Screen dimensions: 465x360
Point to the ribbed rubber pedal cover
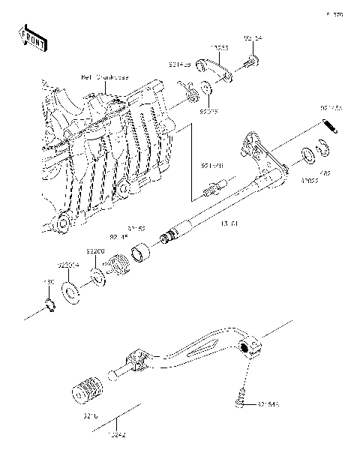(87, 392)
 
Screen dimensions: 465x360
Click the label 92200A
(68, 264)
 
